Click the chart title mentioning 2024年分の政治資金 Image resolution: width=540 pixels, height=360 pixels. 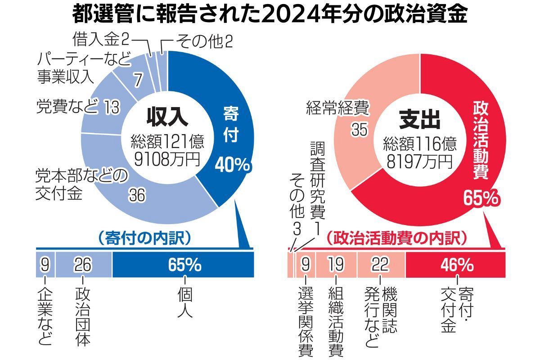[x=270, y=14]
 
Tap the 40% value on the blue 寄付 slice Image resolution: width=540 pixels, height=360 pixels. [x=232, y=165]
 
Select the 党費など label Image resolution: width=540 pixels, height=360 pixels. [x=66, y=107]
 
